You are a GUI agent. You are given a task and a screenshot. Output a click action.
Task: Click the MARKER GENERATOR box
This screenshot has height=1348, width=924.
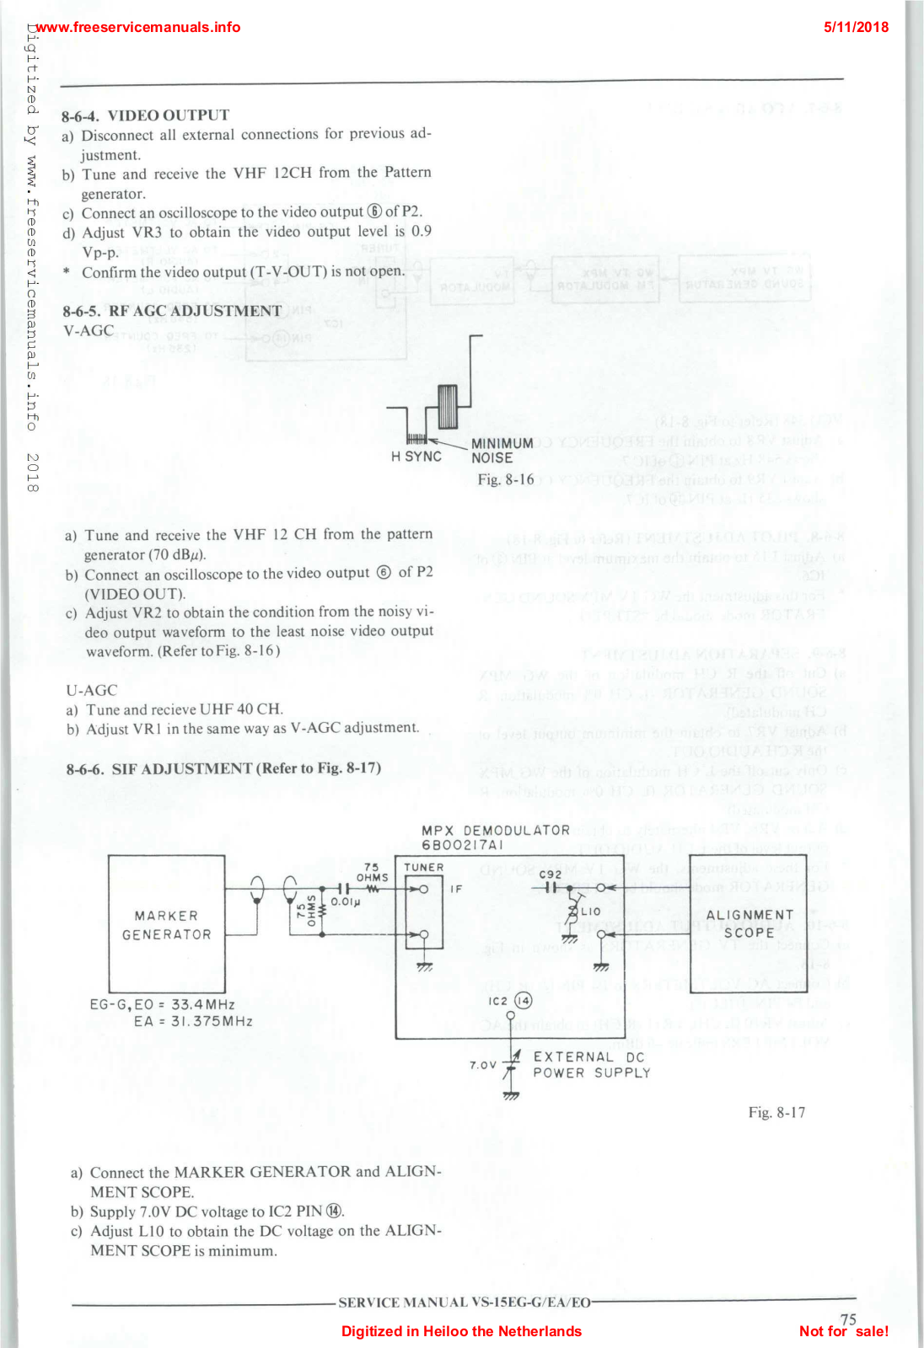click(167, 924)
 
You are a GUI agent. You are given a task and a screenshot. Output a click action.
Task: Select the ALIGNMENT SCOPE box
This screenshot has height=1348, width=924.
click(749, 923)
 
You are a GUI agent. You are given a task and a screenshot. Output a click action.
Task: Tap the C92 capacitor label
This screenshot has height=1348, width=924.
click(551, 874)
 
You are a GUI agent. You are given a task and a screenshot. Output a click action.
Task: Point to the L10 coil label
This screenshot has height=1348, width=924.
click(590, 912)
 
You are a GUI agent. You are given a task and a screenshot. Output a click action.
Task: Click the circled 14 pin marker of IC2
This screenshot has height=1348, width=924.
click(524, 1001)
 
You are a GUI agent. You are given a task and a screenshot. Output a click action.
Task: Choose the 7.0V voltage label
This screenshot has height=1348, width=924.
click(483, 1065)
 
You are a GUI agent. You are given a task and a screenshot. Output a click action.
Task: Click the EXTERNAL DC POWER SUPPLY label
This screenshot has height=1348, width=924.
click(591, 1065)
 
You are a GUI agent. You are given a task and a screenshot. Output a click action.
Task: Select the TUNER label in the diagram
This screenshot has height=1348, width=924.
click(423, 867)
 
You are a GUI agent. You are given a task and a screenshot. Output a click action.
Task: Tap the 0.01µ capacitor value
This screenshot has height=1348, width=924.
click(346, 901)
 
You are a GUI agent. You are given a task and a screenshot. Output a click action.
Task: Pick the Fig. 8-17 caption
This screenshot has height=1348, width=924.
click(776, 1113)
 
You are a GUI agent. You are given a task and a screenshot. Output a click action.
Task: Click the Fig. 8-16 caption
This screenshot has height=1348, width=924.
click(506, 479)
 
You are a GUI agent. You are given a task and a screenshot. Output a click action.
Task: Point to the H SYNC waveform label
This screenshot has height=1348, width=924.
click(416, 457)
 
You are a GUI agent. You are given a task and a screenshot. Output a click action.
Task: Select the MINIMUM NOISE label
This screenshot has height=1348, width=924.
click(502, 451)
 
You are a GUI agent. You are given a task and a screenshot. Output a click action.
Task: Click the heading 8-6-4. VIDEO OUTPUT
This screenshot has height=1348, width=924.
click(145, 115)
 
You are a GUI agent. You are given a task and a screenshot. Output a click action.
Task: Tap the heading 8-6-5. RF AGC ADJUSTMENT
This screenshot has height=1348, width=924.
click(172, 311)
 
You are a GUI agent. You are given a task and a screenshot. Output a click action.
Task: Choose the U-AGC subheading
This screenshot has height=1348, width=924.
click(92, 690)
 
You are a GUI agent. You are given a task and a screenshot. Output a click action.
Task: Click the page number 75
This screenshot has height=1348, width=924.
click(848, 1319)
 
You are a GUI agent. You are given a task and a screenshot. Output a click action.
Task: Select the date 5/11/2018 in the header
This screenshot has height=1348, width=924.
click(856, 27)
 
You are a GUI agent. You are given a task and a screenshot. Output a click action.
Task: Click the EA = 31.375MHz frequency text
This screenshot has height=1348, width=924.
click(193, 1021)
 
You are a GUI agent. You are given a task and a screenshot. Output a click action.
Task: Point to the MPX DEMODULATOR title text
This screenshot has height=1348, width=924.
click(496, 831)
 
